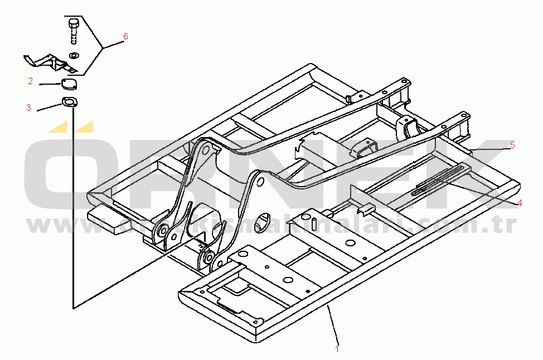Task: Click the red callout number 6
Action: [125, 37]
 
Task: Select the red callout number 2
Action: [31, 81]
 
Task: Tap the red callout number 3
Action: [28, 108]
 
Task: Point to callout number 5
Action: [512, 145]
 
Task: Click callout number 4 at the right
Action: [519, 203]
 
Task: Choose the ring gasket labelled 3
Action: [70, 102]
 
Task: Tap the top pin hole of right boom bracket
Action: [260, 179]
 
